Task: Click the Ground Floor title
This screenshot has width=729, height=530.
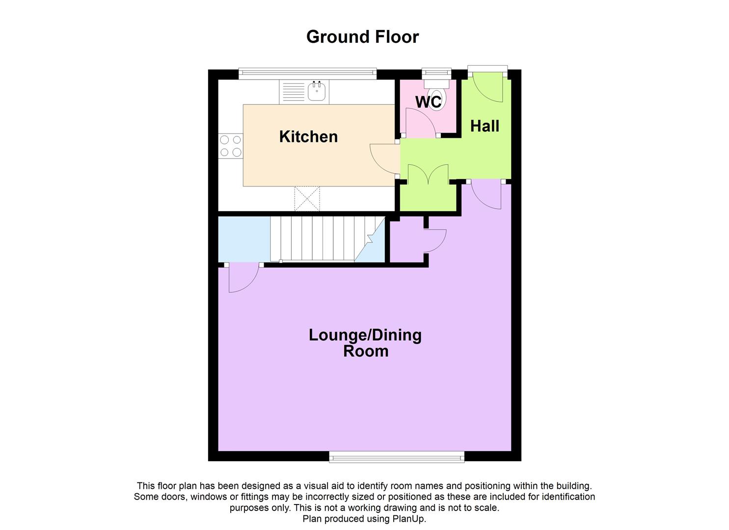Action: tap(362, 37)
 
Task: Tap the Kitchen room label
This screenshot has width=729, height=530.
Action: tap(308, 136)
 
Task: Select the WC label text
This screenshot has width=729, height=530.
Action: tap(429, 102)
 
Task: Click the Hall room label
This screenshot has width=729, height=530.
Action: tap(485, 126)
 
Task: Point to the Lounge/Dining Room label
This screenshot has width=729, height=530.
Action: tap(365, 343)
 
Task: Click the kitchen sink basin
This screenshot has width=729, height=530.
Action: tap(317, 91)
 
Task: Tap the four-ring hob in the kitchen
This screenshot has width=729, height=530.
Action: tap(231, 146)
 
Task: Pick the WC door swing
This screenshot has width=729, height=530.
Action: tap(417, 123)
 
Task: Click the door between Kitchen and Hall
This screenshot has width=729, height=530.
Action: tap(384, 158)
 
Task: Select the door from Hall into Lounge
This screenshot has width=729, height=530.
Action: tap(486, 194)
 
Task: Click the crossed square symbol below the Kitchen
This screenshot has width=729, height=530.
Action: tap(307, 199)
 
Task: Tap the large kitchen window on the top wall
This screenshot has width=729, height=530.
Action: tap(307, 74)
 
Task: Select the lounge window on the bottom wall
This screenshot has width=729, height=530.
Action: tap(397, 457)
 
